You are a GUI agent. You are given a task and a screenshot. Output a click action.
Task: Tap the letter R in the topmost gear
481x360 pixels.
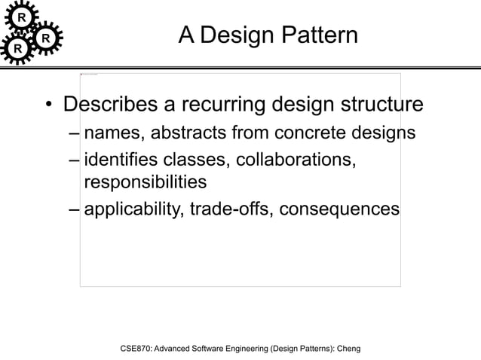point(23,17)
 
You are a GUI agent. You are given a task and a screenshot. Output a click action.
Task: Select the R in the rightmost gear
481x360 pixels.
point(46,37)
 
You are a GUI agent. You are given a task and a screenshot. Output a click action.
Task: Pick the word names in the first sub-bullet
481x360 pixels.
point(113,134)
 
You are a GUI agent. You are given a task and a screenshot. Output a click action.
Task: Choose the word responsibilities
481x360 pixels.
point(146,182)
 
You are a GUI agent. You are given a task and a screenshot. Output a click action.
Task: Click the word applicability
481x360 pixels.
point(129,208)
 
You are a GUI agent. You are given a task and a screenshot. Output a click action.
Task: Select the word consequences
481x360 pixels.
point(339,208)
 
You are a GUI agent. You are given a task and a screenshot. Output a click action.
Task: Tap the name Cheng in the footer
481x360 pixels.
point(348,349)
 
